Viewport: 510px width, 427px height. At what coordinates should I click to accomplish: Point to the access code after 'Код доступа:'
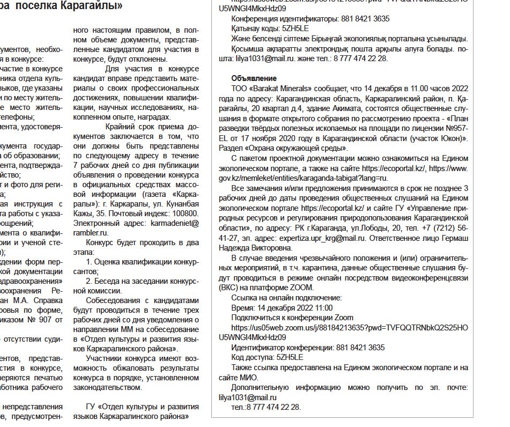click(x=290, y=357)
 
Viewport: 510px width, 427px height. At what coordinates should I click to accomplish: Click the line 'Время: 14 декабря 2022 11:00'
click(x=282, y=307)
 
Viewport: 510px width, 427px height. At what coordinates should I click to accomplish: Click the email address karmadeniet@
click(x=176, y=223)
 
